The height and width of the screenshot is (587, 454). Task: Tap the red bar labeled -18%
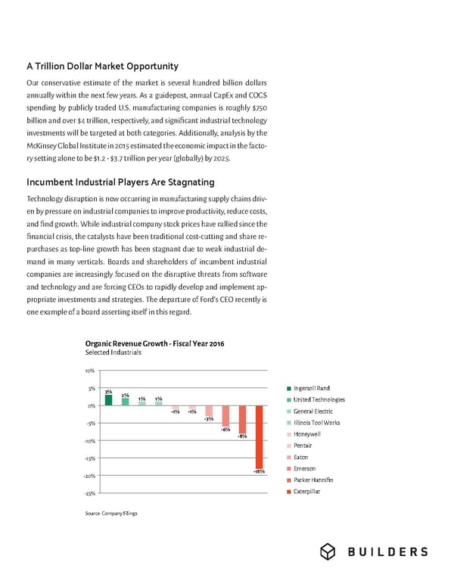[260, 437]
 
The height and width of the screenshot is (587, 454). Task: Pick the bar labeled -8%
[242, 420]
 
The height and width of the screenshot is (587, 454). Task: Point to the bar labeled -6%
[225, 415]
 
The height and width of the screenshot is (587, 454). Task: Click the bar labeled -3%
[209, 409]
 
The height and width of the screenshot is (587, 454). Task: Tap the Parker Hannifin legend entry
[313, 480]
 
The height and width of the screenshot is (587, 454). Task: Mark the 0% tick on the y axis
[90, 405]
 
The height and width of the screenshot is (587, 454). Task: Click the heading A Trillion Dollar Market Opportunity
[102, 67]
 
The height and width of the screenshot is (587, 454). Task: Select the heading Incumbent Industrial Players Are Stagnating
[120, 182]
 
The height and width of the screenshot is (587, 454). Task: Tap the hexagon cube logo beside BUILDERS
[328, 552]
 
